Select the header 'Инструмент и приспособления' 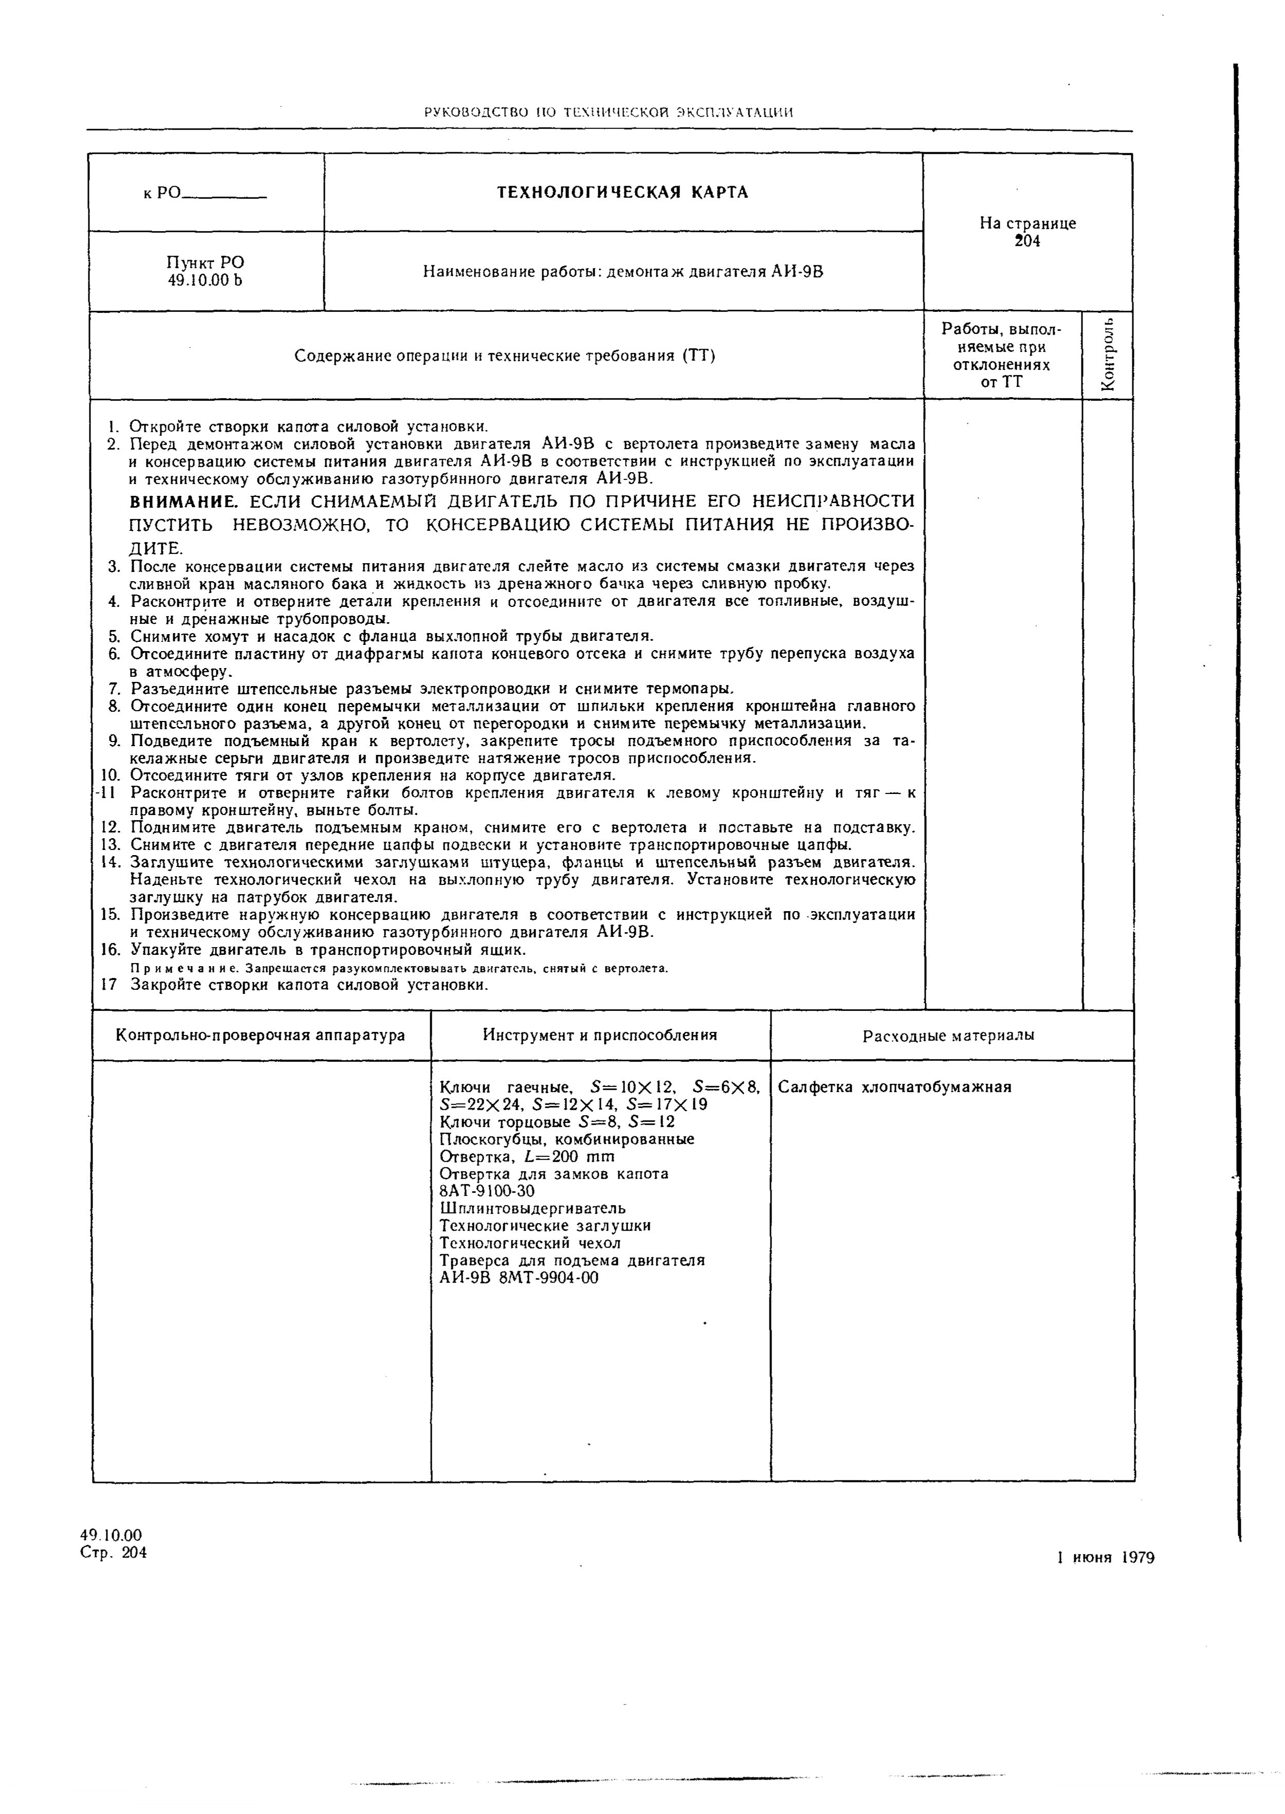600,1035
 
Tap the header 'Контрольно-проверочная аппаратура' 260,1035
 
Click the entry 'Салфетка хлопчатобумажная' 895,1087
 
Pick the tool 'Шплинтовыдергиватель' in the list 531,1208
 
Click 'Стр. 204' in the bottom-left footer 113,1552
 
